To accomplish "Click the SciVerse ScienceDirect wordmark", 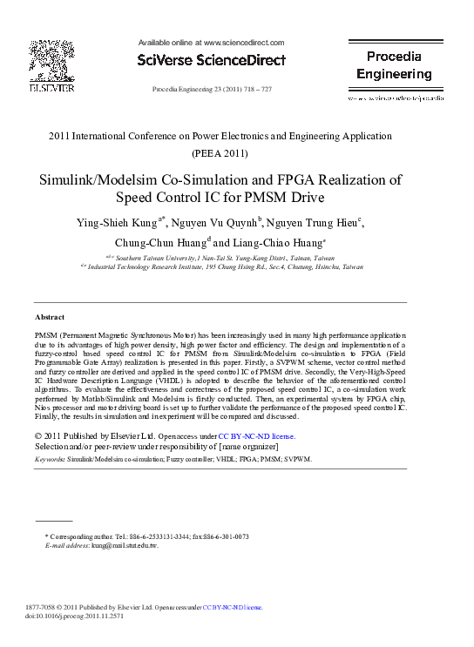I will (x=212, y=61).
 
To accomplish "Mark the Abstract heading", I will (x=50, y=317).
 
